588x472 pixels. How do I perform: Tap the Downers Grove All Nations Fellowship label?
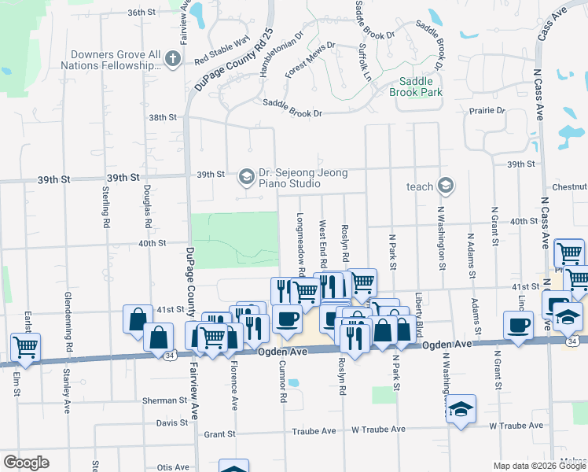click(x=116, y=60)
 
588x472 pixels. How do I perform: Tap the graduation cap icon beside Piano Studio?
click(x=247, y=175)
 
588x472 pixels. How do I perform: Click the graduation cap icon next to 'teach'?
click(x=446, y=186)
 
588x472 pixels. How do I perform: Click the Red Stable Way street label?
click(x=222, y=50)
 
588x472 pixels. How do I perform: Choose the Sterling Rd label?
click(x=105, y=207)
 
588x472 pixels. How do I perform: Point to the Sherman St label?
click(x=166, y=400)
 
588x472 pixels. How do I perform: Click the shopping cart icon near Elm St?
click(x=26, y=345)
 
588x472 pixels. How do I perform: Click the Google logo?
click(x=27, y=463)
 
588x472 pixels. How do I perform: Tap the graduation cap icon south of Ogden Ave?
click(x=461, y=409)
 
